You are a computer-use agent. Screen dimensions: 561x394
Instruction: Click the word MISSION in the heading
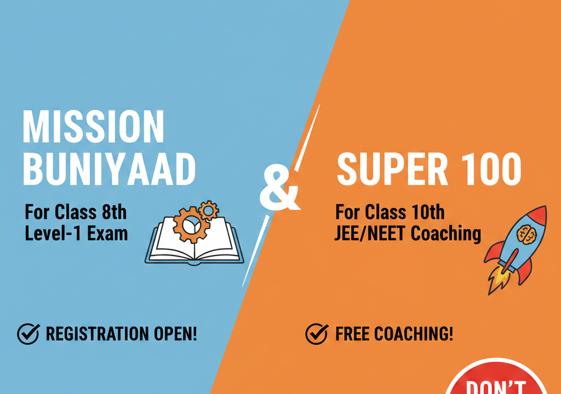point(93,126)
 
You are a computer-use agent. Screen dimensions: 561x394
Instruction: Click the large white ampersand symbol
point(279,189)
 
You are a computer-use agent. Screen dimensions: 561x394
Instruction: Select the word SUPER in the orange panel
point(392,169)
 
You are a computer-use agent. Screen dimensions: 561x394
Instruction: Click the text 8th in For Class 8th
point(115,212)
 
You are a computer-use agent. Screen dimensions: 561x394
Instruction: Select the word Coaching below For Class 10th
point(446,234)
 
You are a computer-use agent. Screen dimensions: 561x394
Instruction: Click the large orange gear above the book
point(191,225)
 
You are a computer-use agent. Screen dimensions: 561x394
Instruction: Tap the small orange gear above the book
point(208,211)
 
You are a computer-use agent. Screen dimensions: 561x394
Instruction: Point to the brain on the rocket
point(526,235)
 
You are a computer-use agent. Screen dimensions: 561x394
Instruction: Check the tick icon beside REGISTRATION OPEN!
point(28,334)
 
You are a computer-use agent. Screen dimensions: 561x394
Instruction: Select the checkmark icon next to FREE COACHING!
point(317,334)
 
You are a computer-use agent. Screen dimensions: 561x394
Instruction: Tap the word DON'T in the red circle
point(496,388)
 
